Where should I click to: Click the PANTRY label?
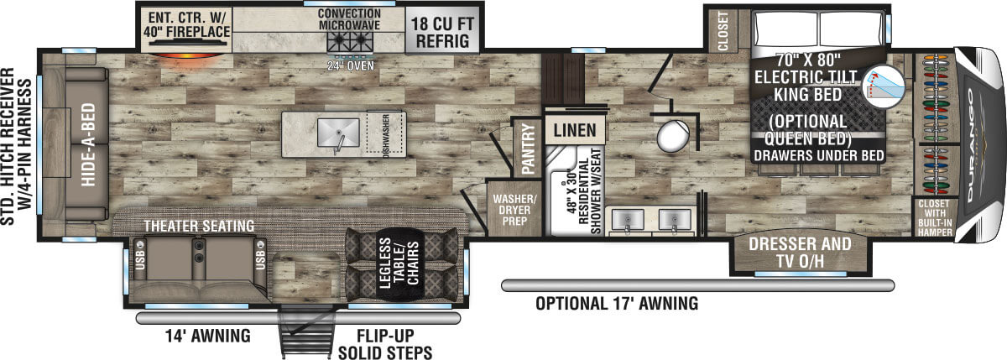(528, 149)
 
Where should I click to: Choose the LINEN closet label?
(575, 130)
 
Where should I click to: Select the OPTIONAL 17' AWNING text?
(617, 304)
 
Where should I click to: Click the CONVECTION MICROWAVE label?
(349, 19)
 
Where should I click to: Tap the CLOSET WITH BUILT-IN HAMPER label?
(935, 217)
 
